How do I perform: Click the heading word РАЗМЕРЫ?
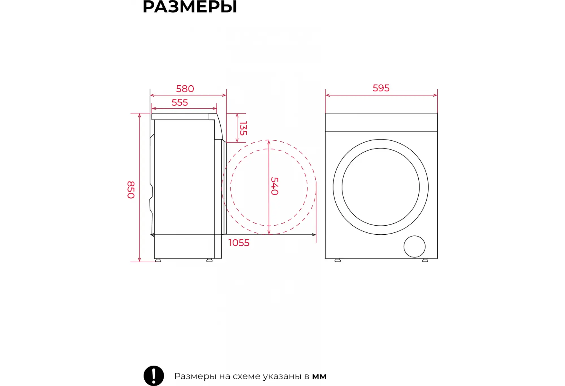click(x=190, y=7)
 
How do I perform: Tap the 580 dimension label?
click(x=185, y=89)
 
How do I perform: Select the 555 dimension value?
click(x=180, y=103)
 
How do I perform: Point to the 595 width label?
click(x=381, y=88)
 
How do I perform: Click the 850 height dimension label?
click(x=131, y=190)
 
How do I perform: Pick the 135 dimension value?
click(x=243, y=128)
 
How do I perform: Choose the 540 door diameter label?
click(x=275, y=186)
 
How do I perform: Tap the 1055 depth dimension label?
click(x=239, y=243)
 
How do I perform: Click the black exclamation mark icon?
click(x=154, y=376)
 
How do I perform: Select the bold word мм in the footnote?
click(x=319, y=377)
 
